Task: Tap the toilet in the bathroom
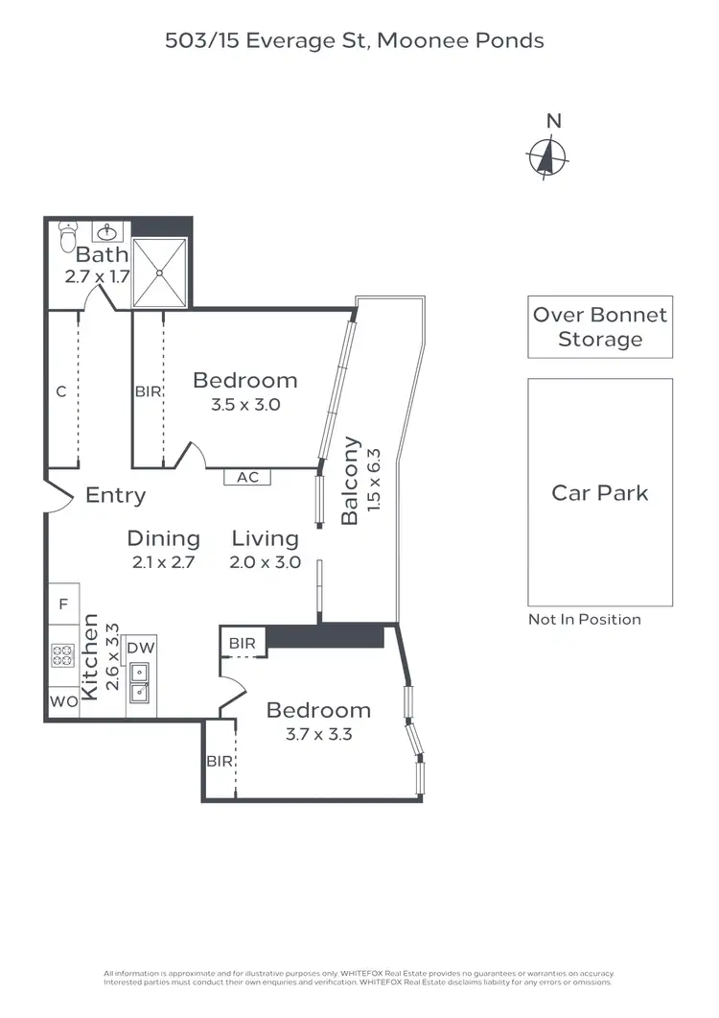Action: [x=67, y=236]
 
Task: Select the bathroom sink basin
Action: [x=106, y=231]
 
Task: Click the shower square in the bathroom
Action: [x=160, y=272]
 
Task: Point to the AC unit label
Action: [x=247, y=477]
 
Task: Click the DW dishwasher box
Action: [x=140, y=648]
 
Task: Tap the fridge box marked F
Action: [x=63, y=604]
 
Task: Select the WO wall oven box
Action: [x=63, y=701]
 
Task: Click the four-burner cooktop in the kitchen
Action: [x=63, y=656]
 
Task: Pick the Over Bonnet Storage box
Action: [x=600, y=327]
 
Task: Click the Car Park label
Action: [x=600, y=493]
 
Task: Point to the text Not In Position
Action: [x=585, y=619]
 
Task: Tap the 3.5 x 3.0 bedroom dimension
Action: [x=245, y=405]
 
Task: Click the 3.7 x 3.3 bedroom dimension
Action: [x=318, y=735]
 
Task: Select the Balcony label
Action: [x=350, y=481]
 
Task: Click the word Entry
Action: [x=116, y=495]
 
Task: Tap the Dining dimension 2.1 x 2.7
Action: [x=163, y=562]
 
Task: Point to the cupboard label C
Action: [x=60, y=391]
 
